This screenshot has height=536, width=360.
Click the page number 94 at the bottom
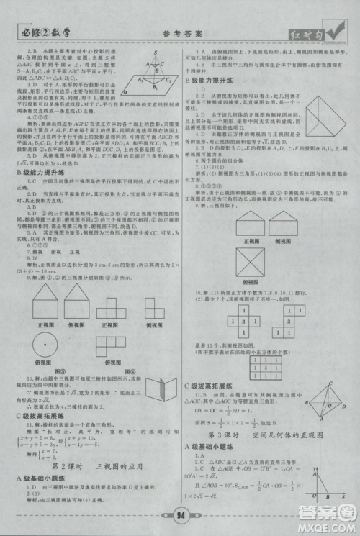[179, 514]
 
